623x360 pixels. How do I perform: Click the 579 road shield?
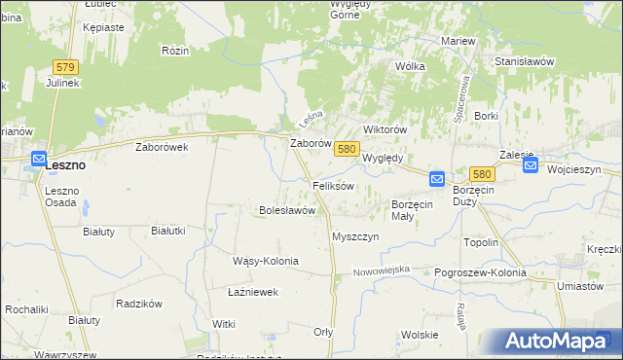[x=65, y=66]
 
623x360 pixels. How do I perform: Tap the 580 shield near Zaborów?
[x=347, y=149]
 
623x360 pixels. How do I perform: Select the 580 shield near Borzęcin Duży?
[x=484, y=173]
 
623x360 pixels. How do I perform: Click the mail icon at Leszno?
[x=39, y=160]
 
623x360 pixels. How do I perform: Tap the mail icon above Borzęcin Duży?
[x=437, y=179]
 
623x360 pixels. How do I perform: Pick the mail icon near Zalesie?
[x=531, y=165]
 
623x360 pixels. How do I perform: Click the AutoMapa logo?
[x=559, y=342]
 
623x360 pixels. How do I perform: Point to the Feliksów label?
[x=332, y=185]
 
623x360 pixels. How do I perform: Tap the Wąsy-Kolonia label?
[x=265, y=261]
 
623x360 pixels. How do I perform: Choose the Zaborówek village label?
[x=162, y=147]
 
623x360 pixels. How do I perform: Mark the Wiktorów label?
[x=384, y=129]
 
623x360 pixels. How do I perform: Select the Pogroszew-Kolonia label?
[x=480, y=272]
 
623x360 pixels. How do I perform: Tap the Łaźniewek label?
[x=253, y=291]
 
